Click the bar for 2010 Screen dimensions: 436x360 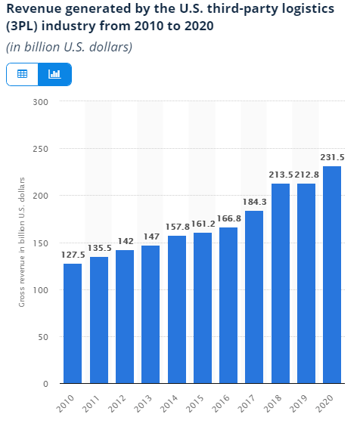[x=73, y=323]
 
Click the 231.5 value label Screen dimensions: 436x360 [x=331, y=157]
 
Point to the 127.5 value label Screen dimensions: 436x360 [x=73, y=255]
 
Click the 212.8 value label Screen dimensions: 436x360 [x=306, y=175]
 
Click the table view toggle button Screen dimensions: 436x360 [x=23, y=74]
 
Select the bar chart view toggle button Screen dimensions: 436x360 [x=54, y=74]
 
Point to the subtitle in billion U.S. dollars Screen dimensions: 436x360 [x=70, y=47]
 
